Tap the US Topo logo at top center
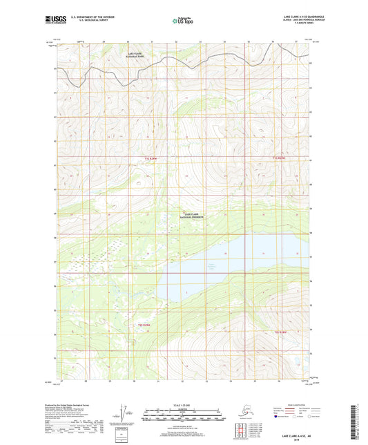click(182, 21)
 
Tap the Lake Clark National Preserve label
click(196, 216)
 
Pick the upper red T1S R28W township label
click(278, 158)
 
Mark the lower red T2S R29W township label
click(143, 323)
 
